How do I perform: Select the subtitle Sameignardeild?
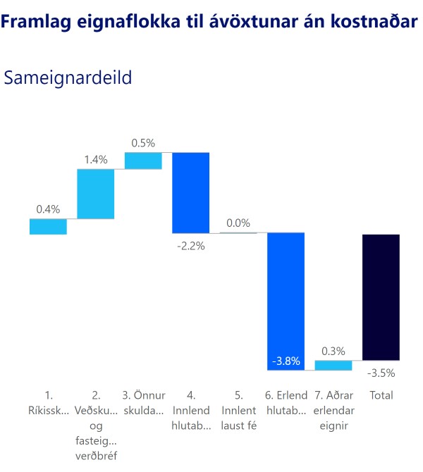pos(68,77)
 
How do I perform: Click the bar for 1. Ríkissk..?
pos(48,226)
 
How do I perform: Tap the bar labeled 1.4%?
pos(95,194)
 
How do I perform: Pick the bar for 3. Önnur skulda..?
pos(143,161)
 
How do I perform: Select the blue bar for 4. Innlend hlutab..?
pos(191,192)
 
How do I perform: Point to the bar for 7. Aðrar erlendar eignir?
pos(333,365)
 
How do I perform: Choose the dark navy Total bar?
pos(381,297)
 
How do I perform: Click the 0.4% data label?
pos(48,209)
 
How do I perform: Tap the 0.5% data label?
pos(143,142)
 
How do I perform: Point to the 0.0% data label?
pos(238,223)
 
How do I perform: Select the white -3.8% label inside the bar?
pos(286,361)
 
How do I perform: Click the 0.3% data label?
pos(333,351)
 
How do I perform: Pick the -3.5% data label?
pos(381,373)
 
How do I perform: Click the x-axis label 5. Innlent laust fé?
pos(238,402)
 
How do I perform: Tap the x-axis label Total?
pos(381,395)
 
